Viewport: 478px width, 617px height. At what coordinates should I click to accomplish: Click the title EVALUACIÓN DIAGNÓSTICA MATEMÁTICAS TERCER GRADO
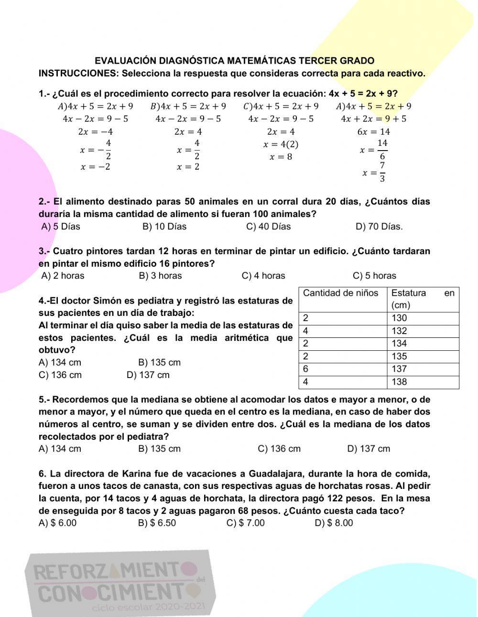tap(234, 61)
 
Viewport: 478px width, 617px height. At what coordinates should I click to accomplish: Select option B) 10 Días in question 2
tap(164, 227)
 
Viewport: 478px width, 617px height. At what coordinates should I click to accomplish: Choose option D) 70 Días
tap(379, 227)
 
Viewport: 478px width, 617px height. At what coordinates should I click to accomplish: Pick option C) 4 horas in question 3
tap(263, 276)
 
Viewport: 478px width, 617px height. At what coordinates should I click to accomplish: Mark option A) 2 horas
tap(63, 276)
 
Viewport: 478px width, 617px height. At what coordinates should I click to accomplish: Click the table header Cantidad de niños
tap(340, 293)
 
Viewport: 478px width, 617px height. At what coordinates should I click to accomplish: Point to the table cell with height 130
tap(399, 318)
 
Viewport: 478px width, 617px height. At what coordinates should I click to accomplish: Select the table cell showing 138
tap(399, 382)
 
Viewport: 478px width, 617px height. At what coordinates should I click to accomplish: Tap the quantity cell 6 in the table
tap(306, 369)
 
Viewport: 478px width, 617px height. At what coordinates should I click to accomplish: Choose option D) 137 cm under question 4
tap(148, 375)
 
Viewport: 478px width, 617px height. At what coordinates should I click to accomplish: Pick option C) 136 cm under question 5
tap(279, 449)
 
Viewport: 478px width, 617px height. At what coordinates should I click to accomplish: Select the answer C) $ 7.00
tap(245, 523)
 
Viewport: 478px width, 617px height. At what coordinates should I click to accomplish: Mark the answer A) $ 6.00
tap(57, 523)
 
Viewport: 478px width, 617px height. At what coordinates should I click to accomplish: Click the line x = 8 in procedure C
tap(281, 157)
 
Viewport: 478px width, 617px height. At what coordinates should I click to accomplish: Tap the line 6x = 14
tap(373, 132)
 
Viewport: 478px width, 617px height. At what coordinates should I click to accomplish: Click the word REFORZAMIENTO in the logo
tap(115, 571)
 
